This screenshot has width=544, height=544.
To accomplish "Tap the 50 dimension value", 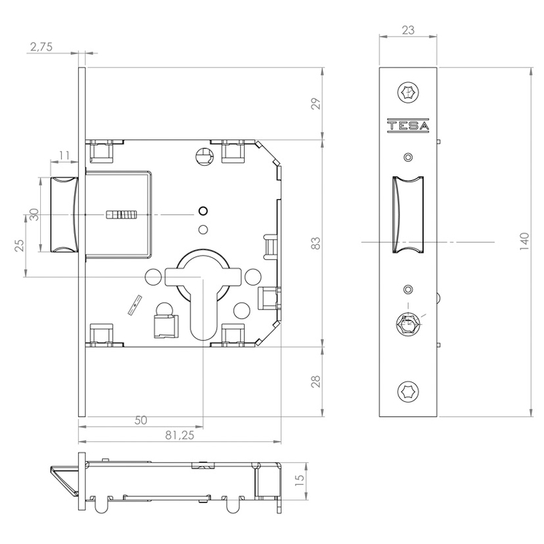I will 141,420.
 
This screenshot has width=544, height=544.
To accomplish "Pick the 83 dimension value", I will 315,243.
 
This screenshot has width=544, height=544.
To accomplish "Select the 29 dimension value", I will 315,104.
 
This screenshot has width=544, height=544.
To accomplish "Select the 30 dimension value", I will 33,215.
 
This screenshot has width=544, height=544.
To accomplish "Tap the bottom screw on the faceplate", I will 408,390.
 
